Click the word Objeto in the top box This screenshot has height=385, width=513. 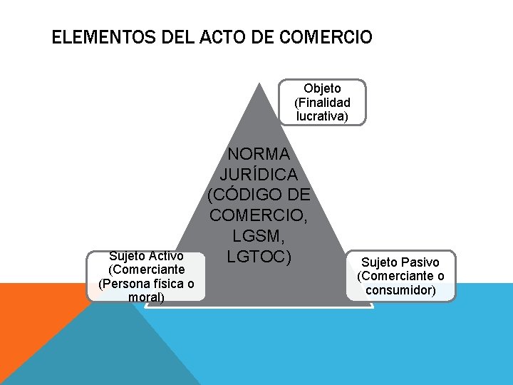[322, 88]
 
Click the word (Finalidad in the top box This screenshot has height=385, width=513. [322, 102]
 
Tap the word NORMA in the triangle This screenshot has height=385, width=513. [258, 154]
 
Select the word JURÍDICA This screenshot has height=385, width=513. [258, 174]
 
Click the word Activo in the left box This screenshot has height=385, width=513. [168, 256]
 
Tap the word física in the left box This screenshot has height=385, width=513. [163, 283]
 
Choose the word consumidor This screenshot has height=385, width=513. [400, 289]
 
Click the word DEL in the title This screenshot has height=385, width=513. [166, 37]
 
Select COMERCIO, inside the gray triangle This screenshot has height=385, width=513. [259, 215]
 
